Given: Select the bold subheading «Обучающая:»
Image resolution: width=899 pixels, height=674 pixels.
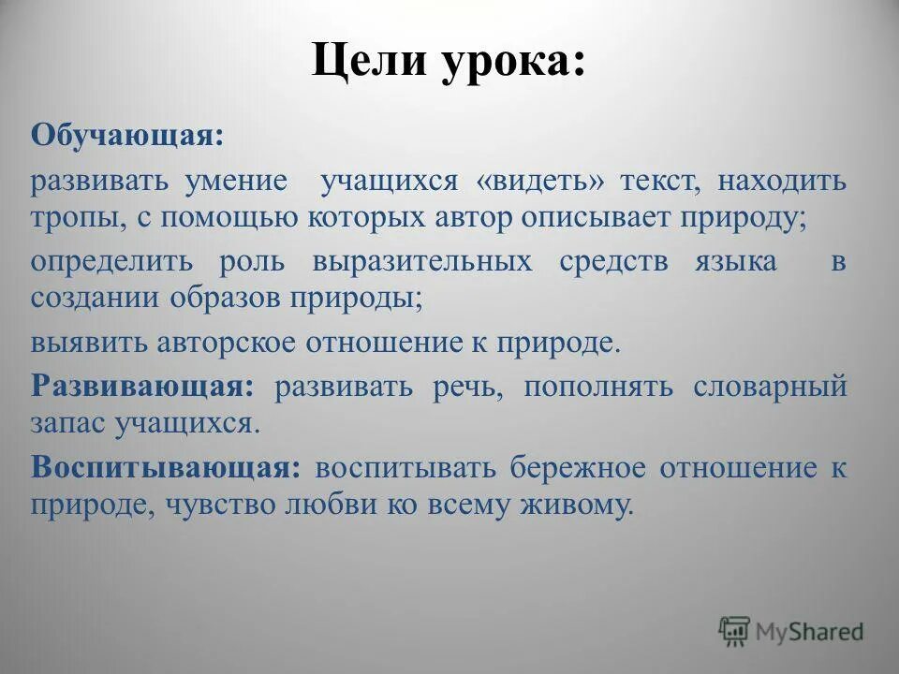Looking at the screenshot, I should [127, 137].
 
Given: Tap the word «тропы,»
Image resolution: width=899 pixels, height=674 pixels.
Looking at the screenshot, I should [80, 217].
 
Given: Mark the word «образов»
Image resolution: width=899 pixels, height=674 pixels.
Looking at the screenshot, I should [227, 299].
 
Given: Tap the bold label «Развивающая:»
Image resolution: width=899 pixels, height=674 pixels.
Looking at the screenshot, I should [141, 386].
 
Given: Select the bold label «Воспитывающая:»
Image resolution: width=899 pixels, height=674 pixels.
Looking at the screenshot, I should [165, 467].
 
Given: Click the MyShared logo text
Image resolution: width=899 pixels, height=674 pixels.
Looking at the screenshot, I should [810, 632].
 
